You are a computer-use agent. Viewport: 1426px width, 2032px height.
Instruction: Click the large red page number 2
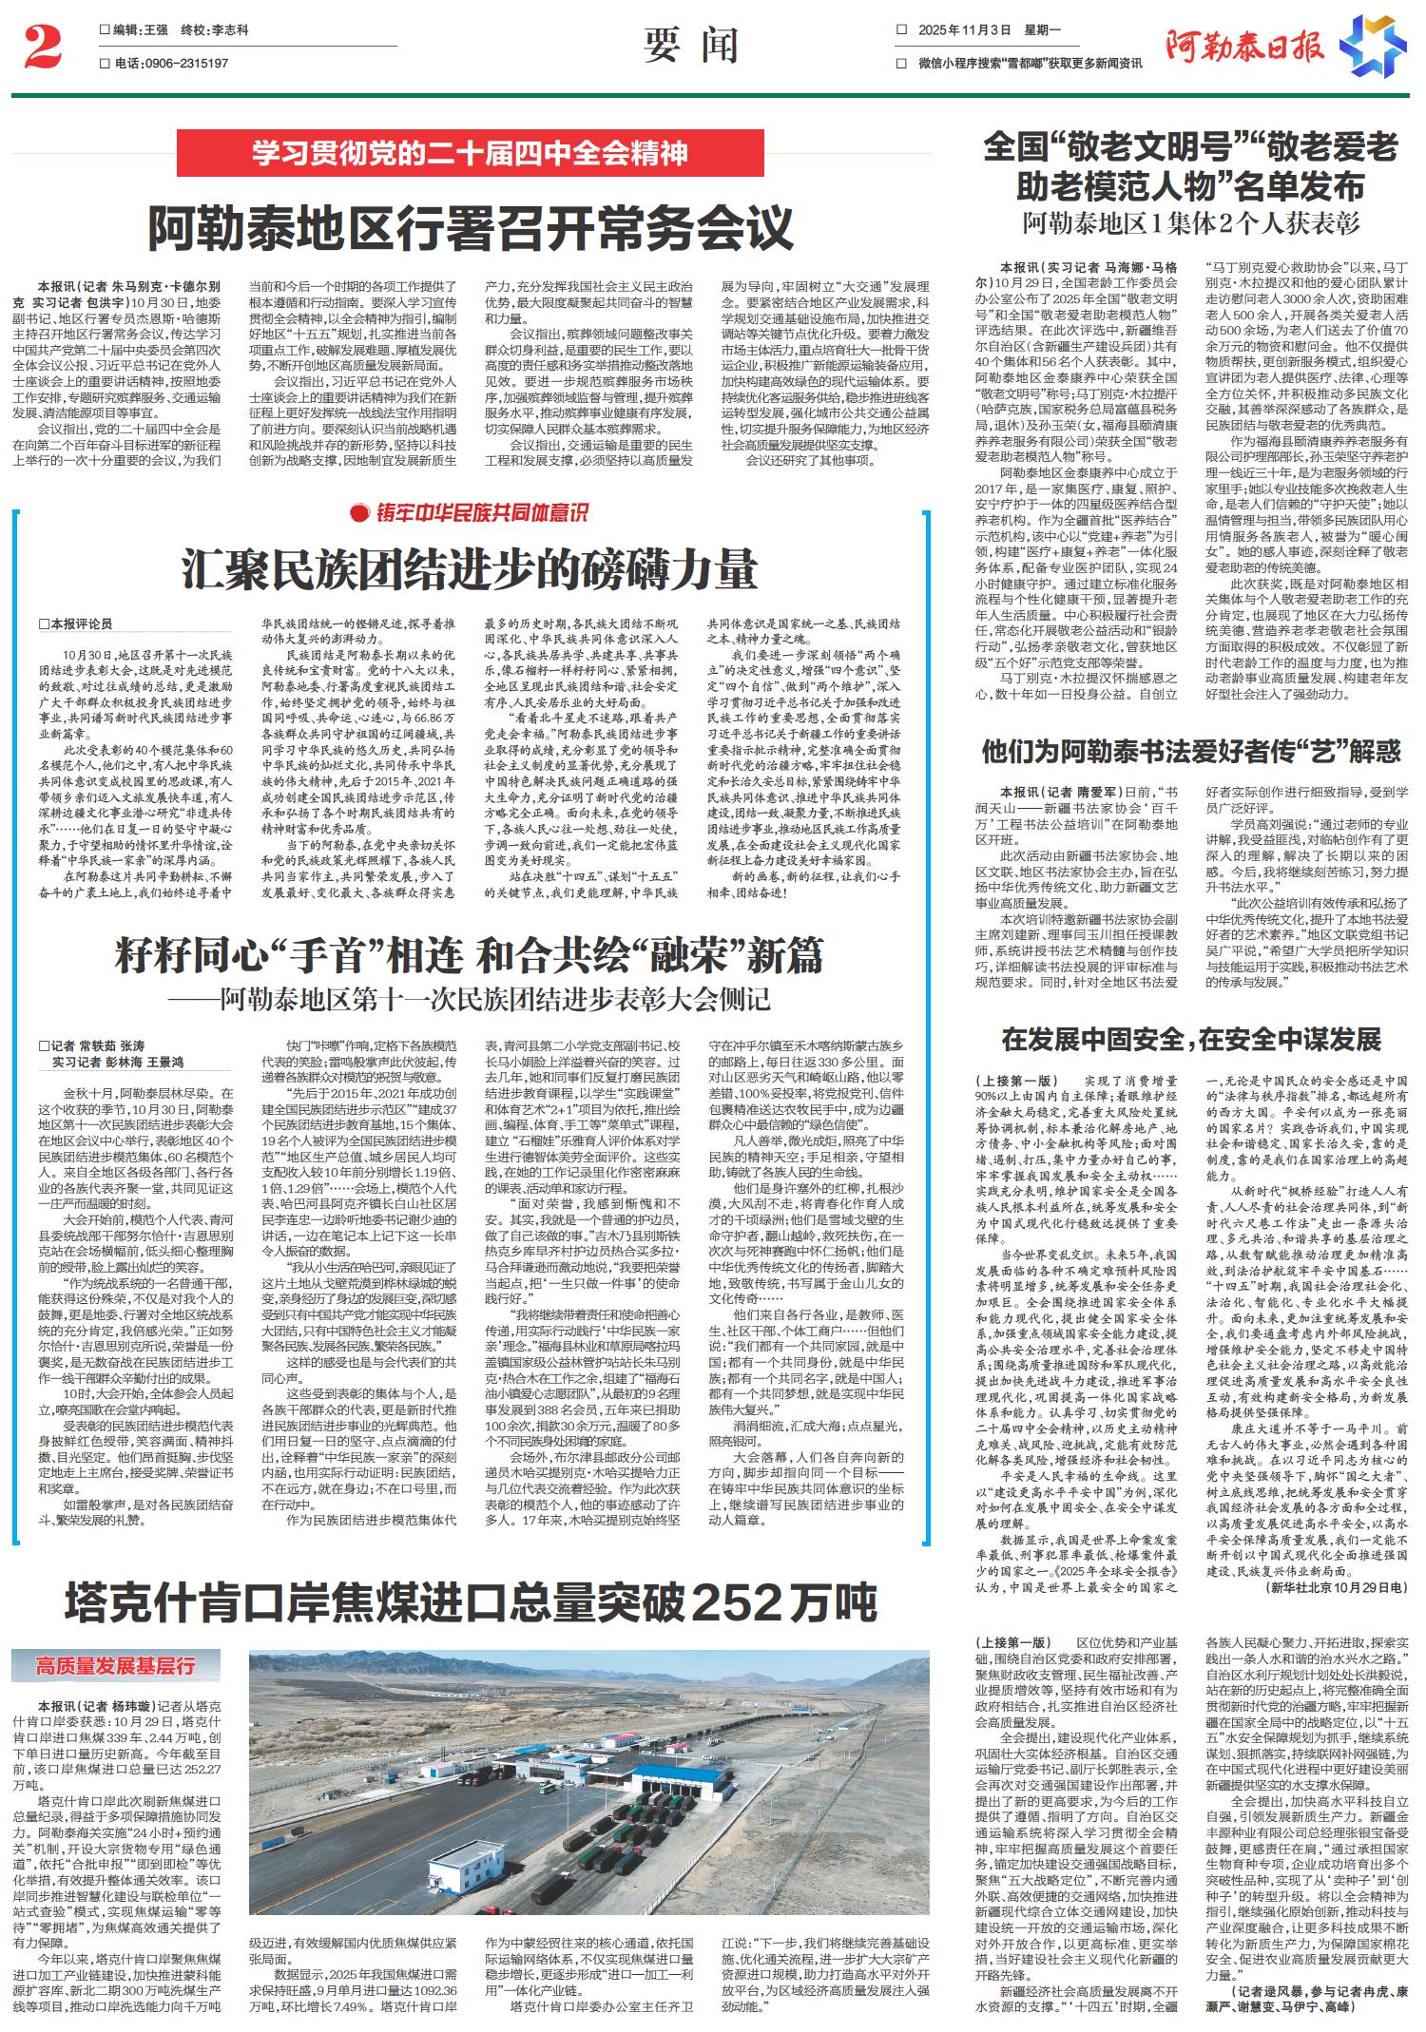[x=42, y=47]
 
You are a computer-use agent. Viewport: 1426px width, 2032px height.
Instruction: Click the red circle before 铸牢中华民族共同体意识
[x=358, y=514]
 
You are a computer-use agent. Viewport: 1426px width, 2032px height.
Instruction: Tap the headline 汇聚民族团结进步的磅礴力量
[x=470, y=569]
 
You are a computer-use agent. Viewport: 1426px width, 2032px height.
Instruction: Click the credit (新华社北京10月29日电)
[x=1336, y=1587]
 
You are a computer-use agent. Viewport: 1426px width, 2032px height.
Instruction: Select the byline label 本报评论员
[x=81, y=624]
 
